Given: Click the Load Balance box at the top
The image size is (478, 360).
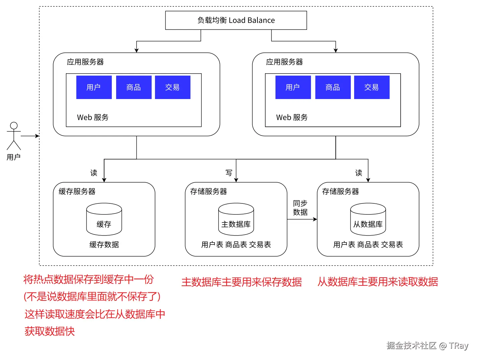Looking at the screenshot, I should [236, 20].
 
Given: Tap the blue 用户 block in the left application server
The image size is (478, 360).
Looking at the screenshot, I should [94, 87].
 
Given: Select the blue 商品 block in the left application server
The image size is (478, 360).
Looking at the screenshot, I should [134, 87].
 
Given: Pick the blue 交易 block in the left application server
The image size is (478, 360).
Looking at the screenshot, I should [172, 87].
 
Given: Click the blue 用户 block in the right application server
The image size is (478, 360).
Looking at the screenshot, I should [293, 87].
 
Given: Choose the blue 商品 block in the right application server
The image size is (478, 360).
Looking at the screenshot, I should [333, 87].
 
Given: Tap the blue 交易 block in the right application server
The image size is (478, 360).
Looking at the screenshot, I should [372, 87].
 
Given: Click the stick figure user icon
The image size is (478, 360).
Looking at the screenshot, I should [14, 136].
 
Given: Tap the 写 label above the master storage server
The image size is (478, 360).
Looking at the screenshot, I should [229, 173].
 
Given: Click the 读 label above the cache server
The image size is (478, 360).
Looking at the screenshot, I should [94, 173].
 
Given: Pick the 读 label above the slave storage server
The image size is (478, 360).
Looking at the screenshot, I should [358, 173].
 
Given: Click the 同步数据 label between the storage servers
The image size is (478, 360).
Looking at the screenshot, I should [300, 208].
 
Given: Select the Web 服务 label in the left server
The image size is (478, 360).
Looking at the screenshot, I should [93, 117].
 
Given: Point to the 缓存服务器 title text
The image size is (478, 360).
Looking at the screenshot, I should [77, 191].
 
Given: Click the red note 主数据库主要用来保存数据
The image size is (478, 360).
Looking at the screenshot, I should [241, 282].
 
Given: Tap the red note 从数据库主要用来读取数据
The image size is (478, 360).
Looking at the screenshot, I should [378, 282].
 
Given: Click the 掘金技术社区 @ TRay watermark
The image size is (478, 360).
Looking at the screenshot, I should [427, 346].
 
